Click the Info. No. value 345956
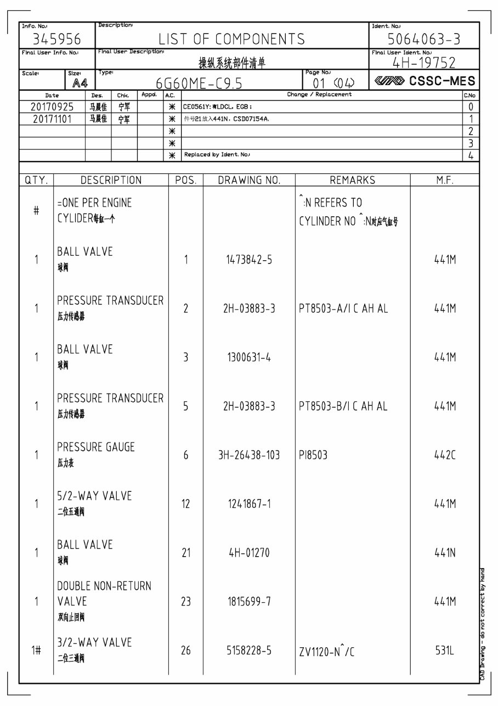click(57, 40)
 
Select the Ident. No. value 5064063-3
click(424, 40)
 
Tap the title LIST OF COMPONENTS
click(231, 40)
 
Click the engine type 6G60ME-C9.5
click(199, 83)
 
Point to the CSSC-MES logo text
click(442, 81)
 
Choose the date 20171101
click(53, 119)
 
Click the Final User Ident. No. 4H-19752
click(424, 62)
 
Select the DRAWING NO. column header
click(249, 181)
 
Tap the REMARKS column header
click(352, 181)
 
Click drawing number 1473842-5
click(249, 260)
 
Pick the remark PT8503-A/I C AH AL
click(343, 309)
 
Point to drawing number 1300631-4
click(249, 357)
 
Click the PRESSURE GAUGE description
click(96, 447)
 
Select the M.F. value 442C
click(445, 455)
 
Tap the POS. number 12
click(186, 504)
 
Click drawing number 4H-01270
click(249, 553)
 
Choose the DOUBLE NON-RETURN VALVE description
click(104, 593)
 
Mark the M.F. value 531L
click(445, 651)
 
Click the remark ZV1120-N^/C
click(326, 652)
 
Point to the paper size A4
click(80, 83)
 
